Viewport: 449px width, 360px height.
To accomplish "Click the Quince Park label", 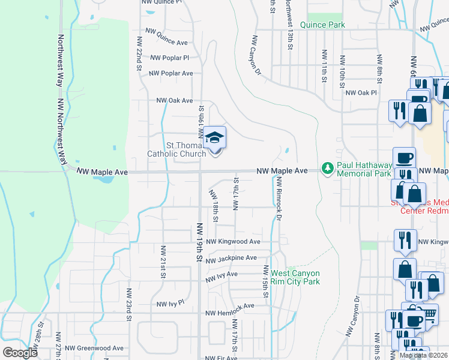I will (322, 25).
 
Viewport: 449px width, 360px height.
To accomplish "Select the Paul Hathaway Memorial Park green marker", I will (328, 167).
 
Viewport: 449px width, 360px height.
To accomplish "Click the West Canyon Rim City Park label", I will (295, 277).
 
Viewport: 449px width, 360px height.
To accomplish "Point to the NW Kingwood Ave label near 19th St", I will (233, 242).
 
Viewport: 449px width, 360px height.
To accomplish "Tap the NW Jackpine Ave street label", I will (231, 259).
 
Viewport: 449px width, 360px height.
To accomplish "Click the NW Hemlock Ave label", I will (230, 313).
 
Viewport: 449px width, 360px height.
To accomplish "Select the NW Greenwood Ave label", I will (94, 348).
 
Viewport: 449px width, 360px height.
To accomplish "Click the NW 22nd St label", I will (139, 53).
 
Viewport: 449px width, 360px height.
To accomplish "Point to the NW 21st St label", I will (162, 262).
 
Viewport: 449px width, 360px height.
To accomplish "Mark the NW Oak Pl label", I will (361, 93).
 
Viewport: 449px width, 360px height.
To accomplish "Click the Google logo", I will (20, 353).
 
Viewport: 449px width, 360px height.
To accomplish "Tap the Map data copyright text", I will (423, 355).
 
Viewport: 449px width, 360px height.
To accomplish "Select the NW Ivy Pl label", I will (170, 304).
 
